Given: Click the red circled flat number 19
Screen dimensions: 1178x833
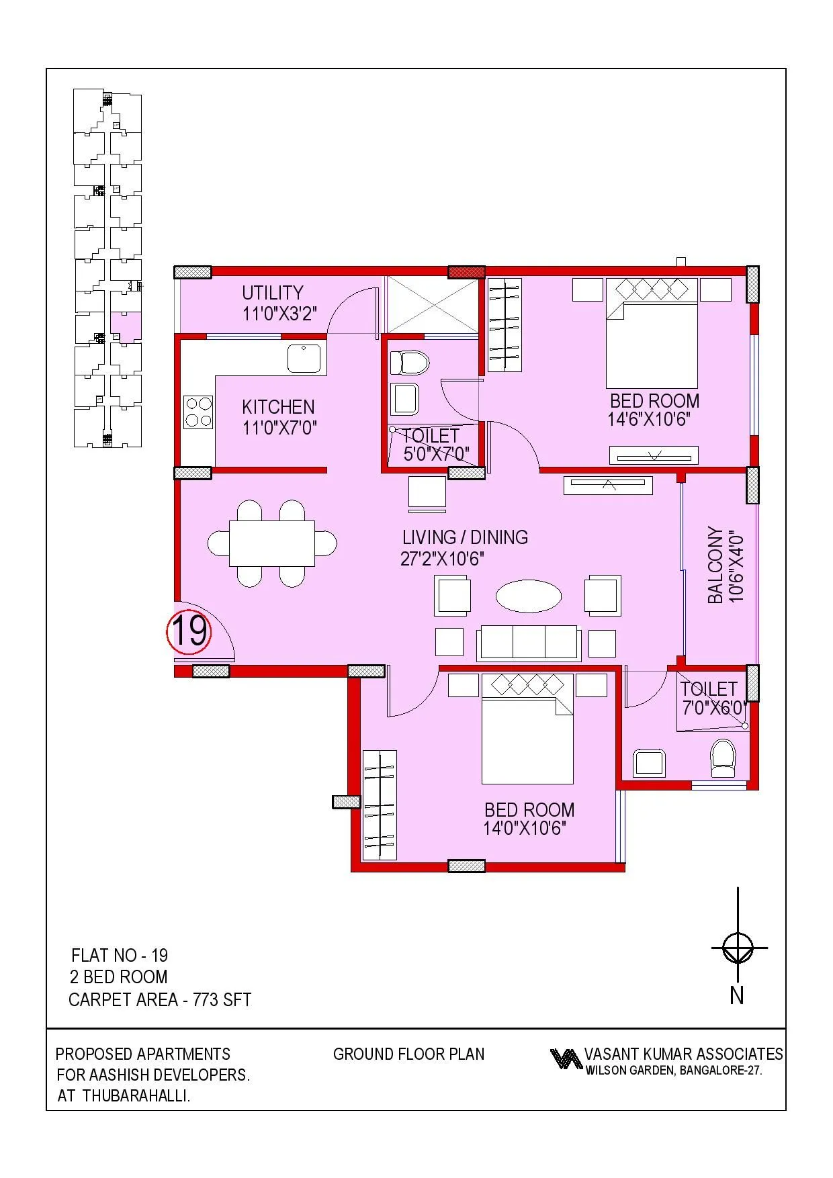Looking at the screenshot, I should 189,631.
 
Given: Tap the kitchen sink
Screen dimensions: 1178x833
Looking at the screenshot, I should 304,358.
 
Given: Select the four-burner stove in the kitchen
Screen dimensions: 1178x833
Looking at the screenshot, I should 199,412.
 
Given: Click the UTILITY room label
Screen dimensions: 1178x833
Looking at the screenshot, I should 272,293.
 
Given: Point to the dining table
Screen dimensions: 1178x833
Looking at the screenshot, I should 272,543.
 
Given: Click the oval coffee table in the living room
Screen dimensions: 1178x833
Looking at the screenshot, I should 529,596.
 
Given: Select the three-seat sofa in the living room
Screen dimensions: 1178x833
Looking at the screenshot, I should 528,643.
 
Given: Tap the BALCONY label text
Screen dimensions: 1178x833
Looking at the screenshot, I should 715,565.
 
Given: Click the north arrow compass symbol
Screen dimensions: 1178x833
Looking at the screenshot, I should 738,948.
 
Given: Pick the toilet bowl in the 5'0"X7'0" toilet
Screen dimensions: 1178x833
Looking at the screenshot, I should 409,363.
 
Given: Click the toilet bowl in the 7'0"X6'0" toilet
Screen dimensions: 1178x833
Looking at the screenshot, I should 723,758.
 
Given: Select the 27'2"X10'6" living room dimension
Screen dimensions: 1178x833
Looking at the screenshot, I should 442,559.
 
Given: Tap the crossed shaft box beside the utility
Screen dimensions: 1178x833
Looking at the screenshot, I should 432,304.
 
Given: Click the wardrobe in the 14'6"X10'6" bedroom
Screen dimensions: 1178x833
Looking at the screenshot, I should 504,325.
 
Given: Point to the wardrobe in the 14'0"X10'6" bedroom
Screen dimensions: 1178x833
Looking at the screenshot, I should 380,805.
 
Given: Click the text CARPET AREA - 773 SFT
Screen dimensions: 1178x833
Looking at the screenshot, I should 160,999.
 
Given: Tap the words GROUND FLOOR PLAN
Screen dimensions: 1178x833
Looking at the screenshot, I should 408,1054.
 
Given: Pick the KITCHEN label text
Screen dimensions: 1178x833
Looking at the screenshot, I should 277,407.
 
